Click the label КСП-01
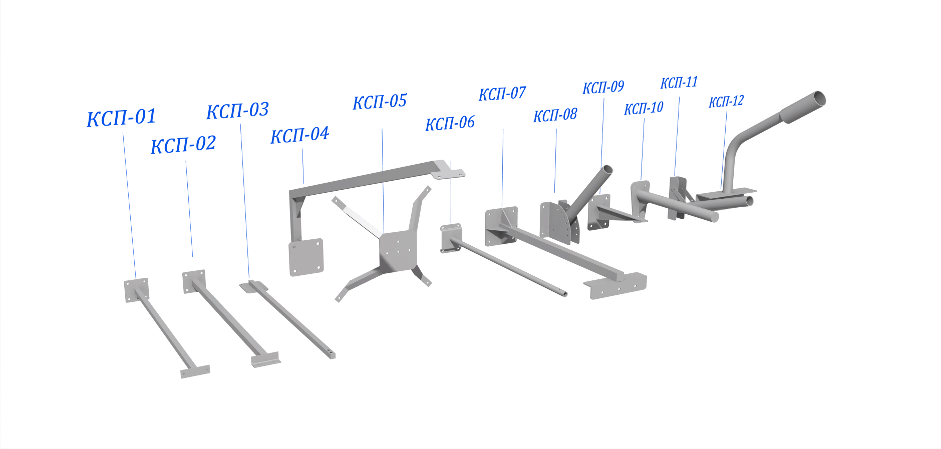121,118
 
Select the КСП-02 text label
183,145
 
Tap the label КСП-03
238,110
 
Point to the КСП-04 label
299,135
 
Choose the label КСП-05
380,102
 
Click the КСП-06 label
450,123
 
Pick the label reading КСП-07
502,94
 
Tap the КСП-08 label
555,115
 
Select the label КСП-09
603,88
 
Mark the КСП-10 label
644,108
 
